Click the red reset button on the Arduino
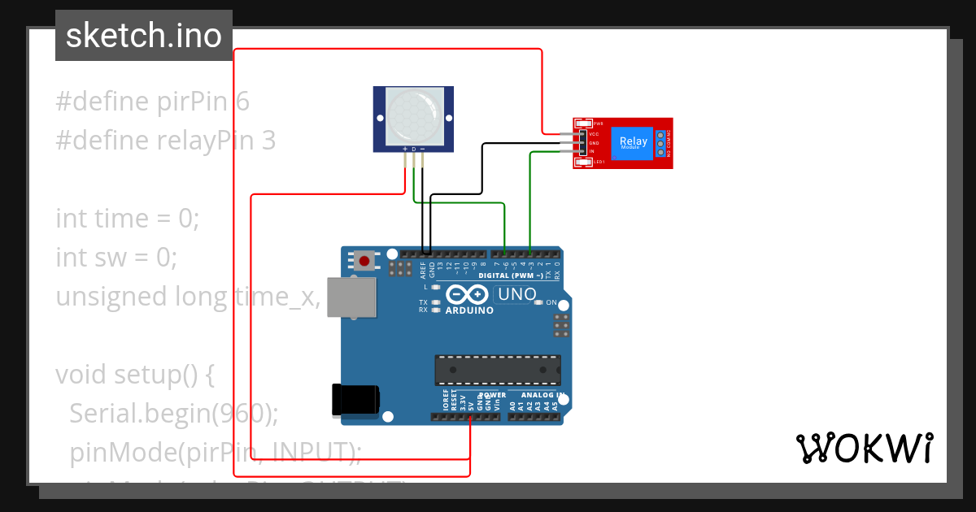pyautogui.click(x=365, y=262)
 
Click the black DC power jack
pyautogui.click(x=355, y=401)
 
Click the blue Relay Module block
pyautogui.click(x=634, y=142)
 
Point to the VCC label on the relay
pyautogui.click(x=594, y=134)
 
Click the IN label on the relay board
pyautogui.click(x=592, y=152)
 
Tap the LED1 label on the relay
pyautogui.click(x=599, y=163)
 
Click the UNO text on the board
pyautogui.click(x=516, y=294)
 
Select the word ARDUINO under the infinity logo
pyautogui.click(x=469, y=310)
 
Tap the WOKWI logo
pyautogui.click(x=865, y=448)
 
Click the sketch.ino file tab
pyautogui.click(x=144, y=36)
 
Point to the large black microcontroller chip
pyautogui.click(x=497, y=369)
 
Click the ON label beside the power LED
pyautogui.click(x=551, y=302)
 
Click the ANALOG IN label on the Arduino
pyautogui.click(x=537, y=395)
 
